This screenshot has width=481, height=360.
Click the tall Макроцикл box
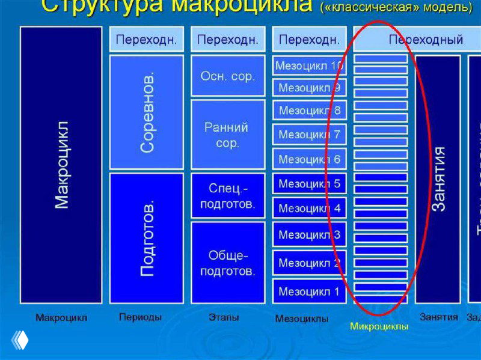tap(61, 165)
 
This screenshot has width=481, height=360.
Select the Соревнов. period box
tap(147, 112)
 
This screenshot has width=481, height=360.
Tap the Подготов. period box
tap(147, 238)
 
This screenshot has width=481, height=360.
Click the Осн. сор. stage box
tap(228, 76)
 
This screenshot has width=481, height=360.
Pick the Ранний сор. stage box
tap(228, 135)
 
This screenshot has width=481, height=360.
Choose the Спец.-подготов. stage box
tap(228, 195)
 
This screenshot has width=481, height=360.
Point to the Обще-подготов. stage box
tap(228, 263)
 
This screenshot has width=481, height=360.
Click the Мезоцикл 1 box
tap(309, 292)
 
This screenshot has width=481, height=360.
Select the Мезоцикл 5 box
tap(309, 184)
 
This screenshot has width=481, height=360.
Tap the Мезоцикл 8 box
tap(309, 111)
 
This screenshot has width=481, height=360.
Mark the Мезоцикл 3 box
tap(309, 234)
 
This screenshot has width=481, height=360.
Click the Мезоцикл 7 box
tap(309, 135)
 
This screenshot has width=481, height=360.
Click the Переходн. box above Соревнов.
tap(147, 40)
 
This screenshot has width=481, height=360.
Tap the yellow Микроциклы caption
tap(379, 326)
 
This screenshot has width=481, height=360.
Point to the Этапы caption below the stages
tap(224, 317)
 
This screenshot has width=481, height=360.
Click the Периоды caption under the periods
tap(140, 317)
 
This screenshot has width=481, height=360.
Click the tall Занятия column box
tap(438, 178)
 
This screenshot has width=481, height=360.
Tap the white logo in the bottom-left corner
tap(19, 340)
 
